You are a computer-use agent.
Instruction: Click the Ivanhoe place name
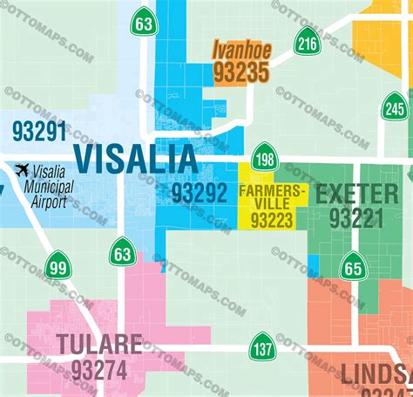click(x=241, y=51)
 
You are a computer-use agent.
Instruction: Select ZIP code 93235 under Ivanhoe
click(x=240, y=72)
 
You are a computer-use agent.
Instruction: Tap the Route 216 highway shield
click(x=307, y=41)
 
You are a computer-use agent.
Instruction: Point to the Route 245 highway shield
click(x=394, y=108)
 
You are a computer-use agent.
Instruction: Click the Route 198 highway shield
click(x=265, y=158)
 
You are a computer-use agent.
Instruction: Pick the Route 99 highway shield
click(x=58, y=264)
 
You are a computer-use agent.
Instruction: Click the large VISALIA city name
click(x=136, y=158)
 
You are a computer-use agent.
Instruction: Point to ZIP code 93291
click(x=39, y=131)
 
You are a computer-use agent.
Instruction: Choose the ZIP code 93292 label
click(x=199, y=194)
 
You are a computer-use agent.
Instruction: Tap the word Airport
click(x=50, y=202)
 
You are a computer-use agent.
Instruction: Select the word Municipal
click(x=44, y=186)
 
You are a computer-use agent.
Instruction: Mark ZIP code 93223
click(x=272, y=222)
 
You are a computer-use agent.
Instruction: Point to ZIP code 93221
click(x=355, y=218)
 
